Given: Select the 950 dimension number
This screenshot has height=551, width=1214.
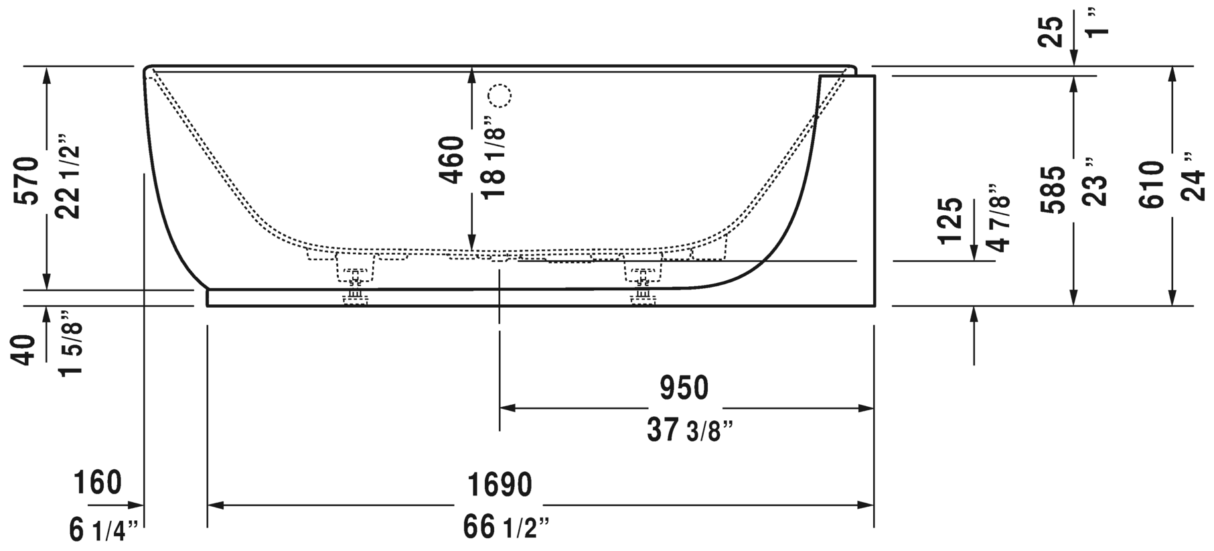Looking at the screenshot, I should coord(684,388).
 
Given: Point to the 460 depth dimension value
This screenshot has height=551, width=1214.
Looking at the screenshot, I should coord(453,160).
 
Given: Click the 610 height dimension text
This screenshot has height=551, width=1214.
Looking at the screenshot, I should coord(1153,184).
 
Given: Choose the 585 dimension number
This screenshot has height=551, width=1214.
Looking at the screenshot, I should coord(1056,190).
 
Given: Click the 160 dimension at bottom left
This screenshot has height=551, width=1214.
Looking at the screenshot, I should coord(98,483).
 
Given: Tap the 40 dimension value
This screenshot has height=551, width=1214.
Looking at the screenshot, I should coord(25,351).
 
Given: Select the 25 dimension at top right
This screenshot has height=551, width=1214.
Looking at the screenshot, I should coord(1053,31).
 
